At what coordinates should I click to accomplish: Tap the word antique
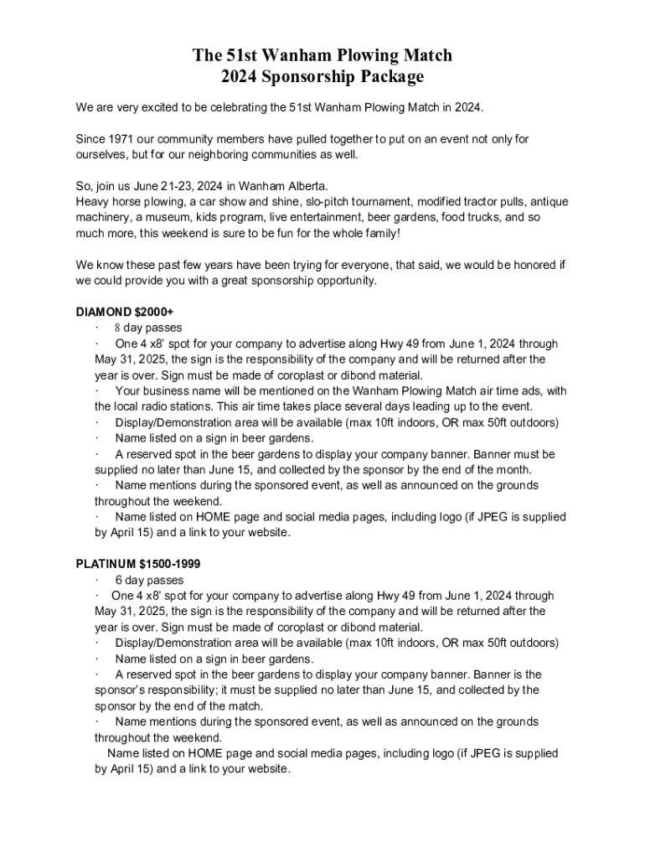tap(548, 202)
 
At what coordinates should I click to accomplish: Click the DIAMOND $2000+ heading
tap(125, 313)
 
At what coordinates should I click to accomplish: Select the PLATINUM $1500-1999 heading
tap(138, 564)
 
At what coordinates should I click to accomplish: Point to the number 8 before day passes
tap(118, 328)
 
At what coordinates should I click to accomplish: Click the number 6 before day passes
tap(118, 580)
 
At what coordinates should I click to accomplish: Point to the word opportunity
tap(343, 281)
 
